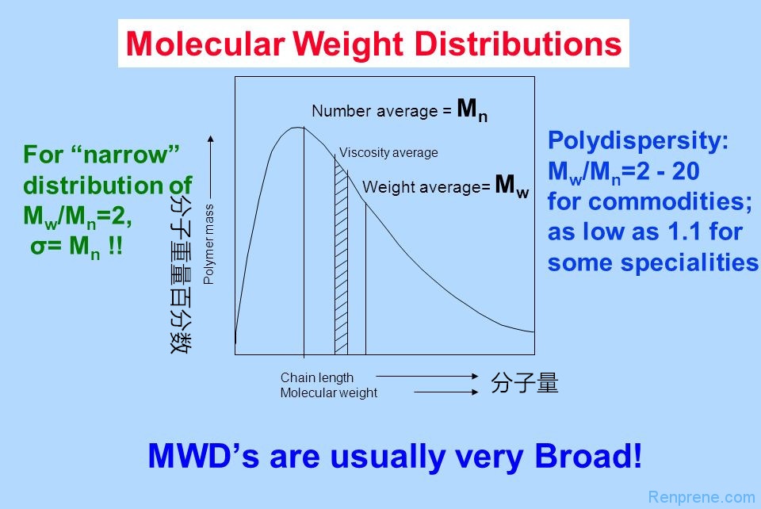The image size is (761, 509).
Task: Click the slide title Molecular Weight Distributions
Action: (x=373, y=44)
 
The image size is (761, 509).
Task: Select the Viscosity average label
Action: (x=388, y=153)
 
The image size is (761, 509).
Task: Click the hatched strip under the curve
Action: (x=341, y=262)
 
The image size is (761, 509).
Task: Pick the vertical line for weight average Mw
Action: (x=365, y=277)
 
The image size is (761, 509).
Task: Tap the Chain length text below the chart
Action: (x=317, y=377)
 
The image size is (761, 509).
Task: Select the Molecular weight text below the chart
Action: (x=329, y=392)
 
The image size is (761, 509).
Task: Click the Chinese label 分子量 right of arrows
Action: (x=525, y=384)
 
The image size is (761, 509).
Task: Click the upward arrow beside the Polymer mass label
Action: (x=210, y=166)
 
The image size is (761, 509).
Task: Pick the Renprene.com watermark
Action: (x=701, y=497)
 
